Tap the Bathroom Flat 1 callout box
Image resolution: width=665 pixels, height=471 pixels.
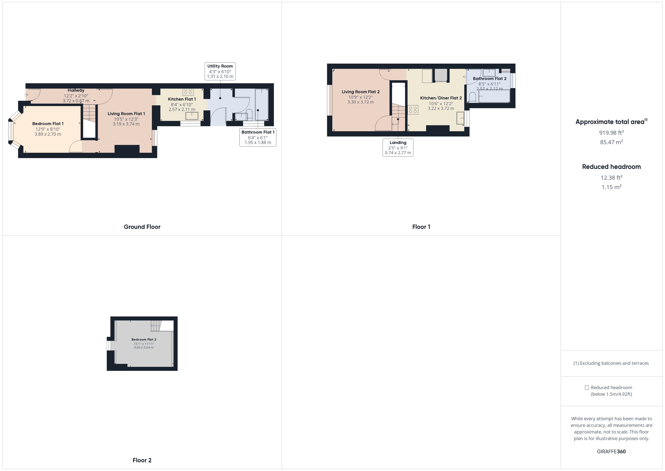pyautogui.click(x=258, y=137)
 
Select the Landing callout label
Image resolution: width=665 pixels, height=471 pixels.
pyautogui.click(x=398, y=148)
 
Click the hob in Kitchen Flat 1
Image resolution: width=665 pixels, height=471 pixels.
pyautogui.click(x=188, y=92)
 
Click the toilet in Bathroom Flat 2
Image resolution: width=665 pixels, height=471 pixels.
pyautogui.click(x=472, y=97)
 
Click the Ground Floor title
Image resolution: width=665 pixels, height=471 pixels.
pyautogui.click(x=142, y=227)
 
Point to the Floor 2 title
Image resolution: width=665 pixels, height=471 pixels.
pyautogui.click(x=142, y=460)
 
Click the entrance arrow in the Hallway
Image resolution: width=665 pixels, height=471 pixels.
pyautogui.click(x=26, y=95)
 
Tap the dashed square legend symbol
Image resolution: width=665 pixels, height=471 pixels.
pyautogui.click(x=587, y=387)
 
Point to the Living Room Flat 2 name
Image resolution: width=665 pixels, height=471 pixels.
pyautogui.click(x=361, y=92)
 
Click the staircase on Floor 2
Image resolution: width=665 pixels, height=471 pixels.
pyautogui.click(x=156, y=326)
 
